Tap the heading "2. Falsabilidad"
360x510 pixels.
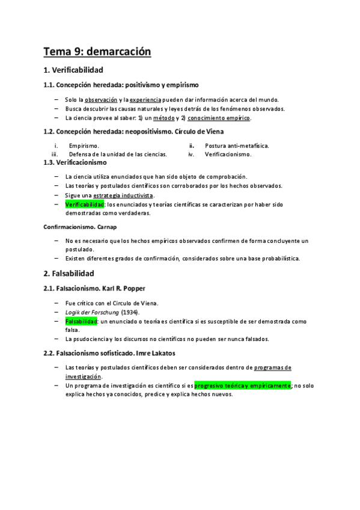pos(69,272)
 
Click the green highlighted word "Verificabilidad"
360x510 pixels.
pos(84,205)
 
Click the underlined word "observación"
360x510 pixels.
pos(100,99)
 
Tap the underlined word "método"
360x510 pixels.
pos(161,118)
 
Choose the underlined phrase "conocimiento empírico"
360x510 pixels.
pos(221,118)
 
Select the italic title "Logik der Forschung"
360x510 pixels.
pos(92,313)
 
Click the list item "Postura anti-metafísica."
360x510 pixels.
pos(237,146)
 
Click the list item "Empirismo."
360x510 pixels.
pos(84,146)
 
